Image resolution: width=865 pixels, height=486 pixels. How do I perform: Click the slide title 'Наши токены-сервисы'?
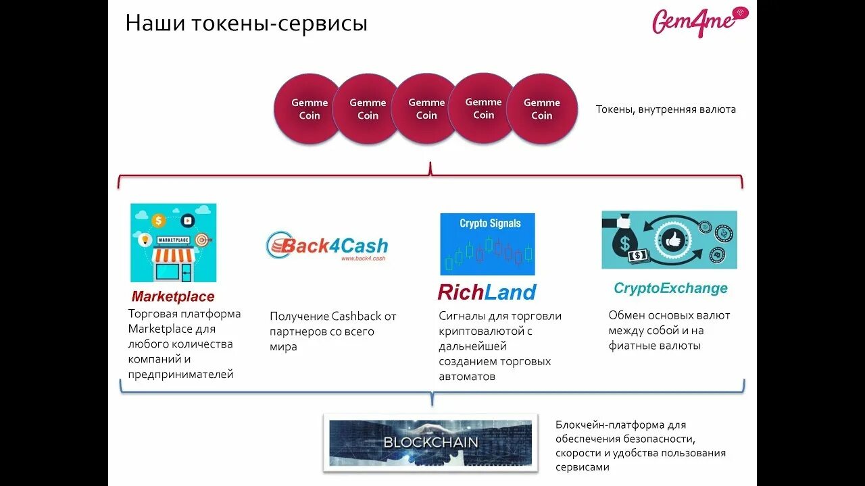click(x=246, y=24)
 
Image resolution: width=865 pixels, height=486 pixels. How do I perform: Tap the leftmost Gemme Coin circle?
click(x=309, y=109)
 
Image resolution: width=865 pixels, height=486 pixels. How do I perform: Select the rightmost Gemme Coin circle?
click(x=542, y=109)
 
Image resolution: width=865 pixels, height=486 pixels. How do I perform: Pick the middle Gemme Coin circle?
click(x=426, y=109)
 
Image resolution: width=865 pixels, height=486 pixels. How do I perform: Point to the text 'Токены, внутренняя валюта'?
click(x=666, y=109)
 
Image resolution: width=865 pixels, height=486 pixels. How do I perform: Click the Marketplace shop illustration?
click(x=173, y=243)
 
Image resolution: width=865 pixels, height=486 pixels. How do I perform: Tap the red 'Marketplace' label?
click(x=173, y=296)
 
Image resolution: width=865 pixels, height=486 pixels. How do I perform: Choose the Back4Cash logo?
click(x=327, y=246)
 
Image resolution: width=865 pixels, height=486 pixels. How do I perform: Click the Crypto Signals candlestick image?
click(x=487, y=244)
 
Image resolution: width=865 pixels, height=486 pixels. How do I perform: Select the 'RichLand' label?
click(x=487, y=292)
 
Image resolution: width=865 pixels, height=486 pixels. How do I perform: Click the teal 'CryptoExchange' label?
click(x=670, y=288)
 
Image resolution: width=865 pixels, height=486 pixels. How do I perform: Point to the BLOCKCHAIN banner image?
click(x=430, y=442)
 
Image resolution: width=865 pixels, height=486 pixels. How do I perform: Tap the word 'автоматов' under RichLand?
click(x=467, y=377)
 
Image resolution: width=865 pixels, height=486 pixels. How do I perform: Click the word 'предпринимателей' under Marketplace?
click(x=180, y=374)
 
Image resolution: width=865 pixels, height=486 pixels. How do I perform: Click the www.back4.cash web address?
click(x=363, y=259)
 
